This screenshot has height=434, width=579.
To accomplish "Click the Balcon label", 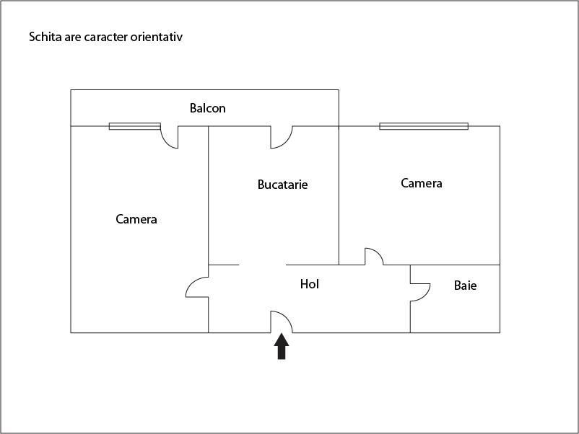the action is [x=207, y=108].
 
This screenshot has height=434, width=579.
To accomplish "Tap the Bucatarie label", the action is [x=282, y=185].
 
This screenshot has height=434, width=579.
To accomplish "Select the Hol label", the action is [x=310, y=284].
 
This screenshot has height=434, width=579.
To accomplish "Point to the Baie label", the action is [x=465, y=285].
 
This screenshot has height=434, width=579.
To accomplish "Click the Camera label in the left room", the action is [x=136, y=219].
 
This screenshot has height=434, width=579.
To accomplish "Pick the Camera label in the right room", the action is [x=422, y=183].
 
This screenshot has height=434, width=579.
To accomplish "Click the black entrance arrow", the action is [x=282, y=346].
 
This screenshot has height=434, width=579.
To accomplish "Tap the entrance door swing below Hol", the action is [x=282, y=322].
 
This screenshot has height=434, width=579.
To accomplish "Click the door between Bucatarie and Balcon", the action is [x=282, y=137].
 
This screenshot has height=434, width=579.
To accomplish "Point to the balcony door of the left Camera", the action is [x=170, y=137].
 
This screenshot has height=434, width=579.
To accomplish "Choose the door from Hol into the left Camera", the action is [x=197, y=287].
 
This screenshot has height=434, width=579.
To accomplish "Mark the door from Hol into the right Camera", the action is [x=374, y=257].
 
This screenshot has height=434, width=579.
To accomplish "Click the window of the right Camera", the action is [x=424, y=126].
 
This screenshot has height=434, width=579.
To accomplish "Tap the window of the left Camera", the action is [x=135, y=126].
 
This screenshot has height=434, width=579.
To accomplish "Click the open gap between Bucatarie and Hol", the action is [x=262, y=265].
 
